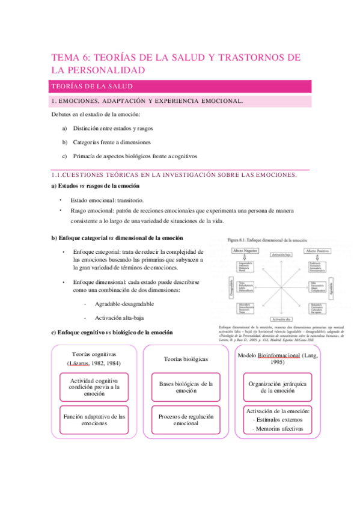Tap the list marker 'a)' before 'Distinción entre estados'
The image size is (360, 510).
65,128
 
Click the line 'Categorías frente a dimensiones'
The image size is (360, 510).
111,143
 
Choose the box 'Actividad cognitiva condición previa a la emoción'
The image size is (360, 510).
94,387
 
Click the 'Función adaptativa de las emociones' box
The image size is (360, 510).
94,419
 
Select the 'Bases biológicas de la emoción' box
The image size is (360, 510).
182,387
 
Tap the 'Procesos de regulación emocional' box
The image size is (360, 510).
182,419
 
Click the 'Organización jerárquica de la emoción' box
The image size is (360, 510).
270,387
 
